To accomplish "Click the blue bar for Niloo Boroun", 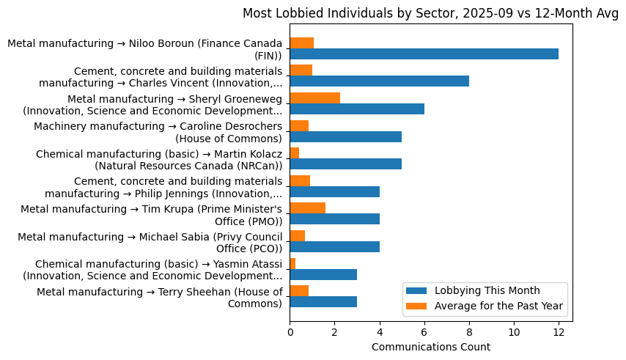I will click(x=424, y=54).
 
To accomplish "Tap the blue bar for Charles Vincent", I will click(x=379, y=81).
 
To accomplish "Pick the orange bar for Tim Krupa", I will click(x=307, y=208).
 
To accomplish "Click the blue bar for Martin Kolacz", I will click(x=345, y=164).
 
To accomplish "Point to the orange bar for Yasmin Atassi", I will click(x=292, y=263).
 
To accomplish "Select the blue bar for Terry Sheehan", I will click(x=323, y=302).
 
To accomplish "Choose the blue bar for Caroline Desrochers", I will click(x=345, y=136).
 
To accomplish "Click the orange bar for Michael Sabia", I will click(x=297, y=236).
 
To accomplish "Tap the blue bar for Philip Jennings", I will click(x=334, y=191).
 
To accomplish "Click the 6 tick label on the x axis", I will click(x=424, y=332).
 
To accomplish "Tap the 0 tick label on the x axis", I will click(x=290, y=332).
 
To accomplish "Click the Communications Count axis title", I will click(x=431, y=347).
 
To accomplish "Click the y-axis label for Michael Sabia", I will click(x=150, y=243).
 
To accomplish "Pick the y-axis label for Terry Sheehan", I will click(x=159, y=298).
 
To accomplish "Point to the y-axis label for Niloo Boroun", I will click(x=144, y=49).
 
